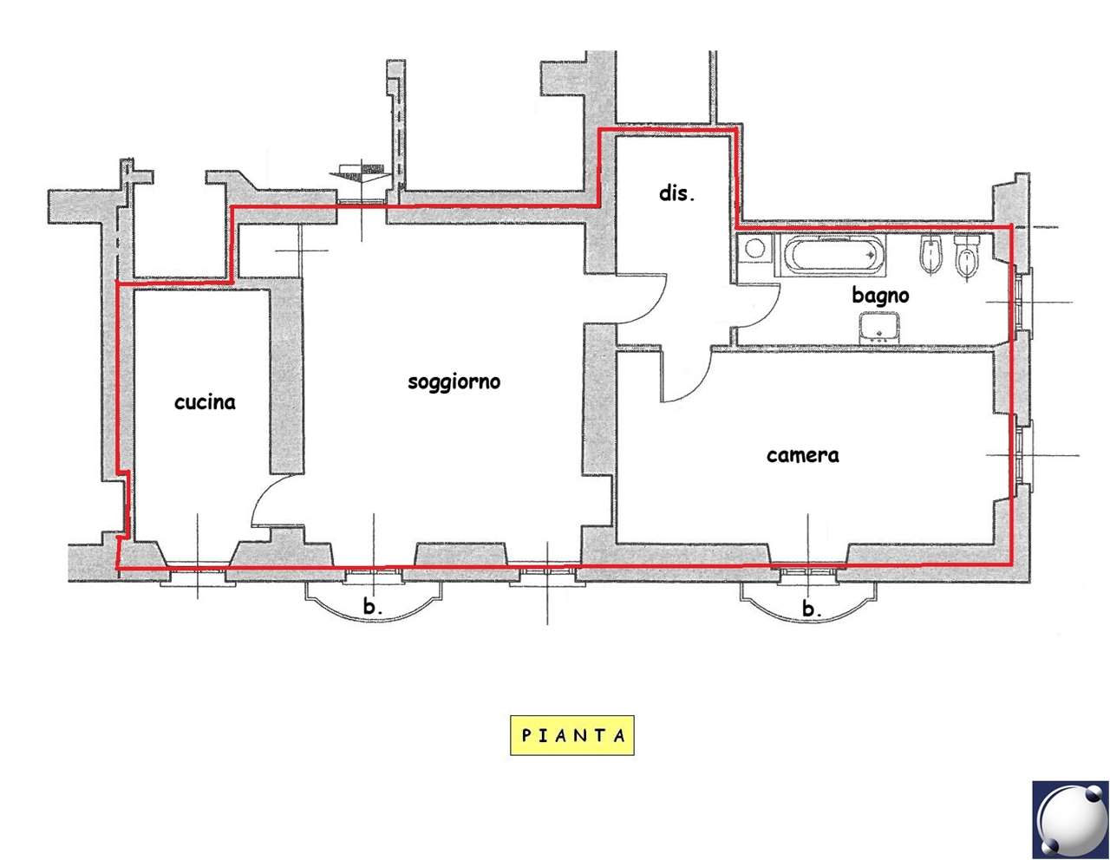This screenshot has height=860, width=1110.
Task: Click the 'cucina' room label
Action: pyautogui.click(x=205, y=402)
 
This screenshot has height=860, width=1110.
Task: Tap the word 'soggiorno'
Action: pyautogui.click(x=454, y=382)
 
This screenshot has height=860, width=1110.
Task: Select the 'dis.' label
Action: pyautogui.click(x=676, y=193)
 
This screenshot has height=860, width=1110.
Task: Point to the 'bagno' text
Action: pyautogui.click(x=880, y=296)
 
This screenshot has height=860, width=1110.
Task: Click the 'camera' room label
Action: pyautogui.click(x=802, y=455)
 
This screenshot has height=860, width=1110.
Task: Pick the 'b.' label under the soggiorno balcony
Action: pyautogui.click(x=373, y=607)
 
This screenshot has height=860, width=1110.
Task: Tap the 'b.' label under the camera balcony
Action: pyautogui.click(x=812, y=609)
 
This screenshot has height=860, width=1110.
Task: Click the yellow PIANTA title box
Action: pyautogui.click(x=572, y=735)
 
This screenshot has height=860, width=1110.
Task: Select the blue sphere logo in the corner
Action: pyautogui.click(x=1070, y=818)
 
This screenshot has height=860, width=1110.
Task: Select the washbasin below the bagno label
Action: pyautogui.click(x=879, y=327)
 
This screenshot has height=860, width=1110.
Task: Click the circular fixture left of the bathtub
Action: pyautogui.click(x=754, y=249)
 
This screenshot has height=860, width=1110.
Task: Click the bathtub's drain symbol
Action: pyautogui.click(x=870, y=254)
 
